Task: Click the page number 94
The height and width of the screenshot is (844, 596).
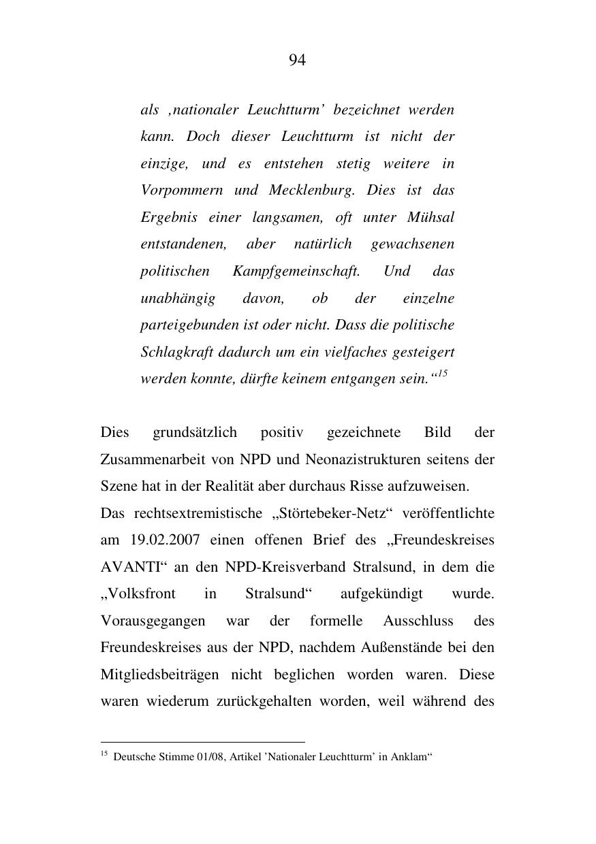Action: point(297,61)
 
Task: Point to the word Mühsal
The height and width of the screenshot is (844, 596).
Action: point(430,218)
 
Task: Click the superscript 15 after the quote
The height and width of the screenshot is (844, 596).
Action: point(442,374)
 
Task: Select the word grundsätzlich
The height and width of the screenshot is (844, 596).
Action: point(195,433)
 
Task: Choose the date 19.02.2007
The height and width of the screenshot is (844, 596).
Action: point(164,540)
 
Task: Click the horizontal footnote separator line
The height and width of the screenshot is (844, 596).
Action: point(202,742)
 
